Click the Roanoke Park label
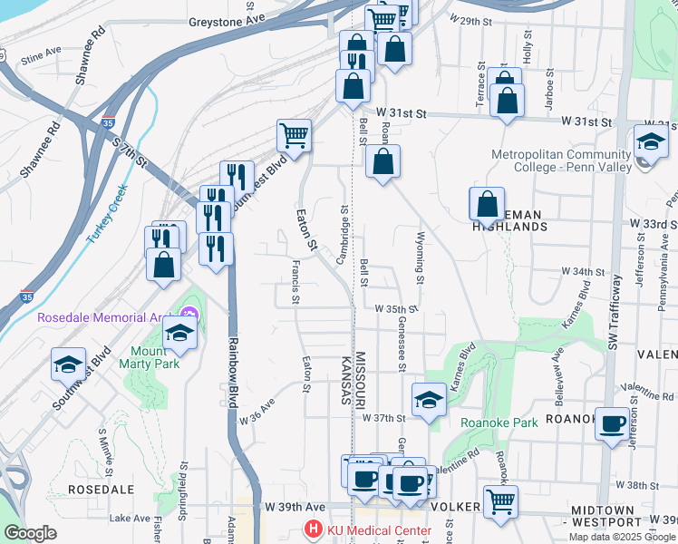[499, 422]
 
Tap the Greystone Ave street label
[227, 19]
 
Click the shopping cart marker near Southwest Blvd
[294, 136]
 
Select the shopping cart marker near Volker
[499, 501]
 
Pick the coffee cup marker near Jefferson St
[613, 423]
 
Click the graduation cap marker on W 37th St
[429, 399]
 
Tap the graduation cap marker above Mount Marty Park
[180, 333]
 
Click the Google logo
[30, 533]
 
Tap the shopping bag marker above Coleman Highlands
[487, 204]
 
